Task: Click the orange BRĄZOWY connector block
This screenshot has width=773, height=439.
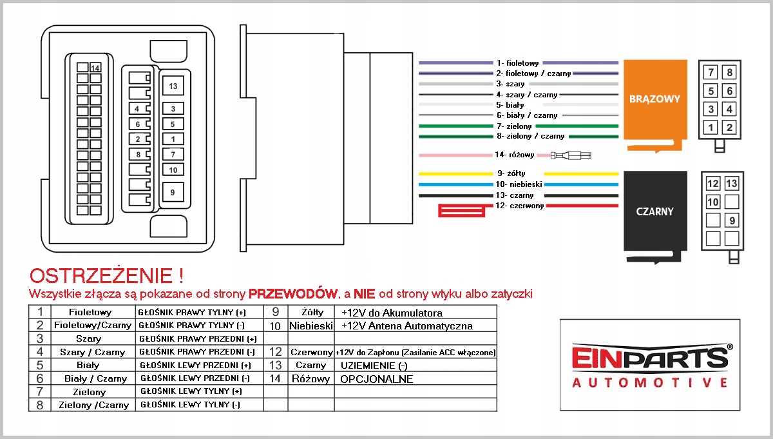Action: coord(654,100)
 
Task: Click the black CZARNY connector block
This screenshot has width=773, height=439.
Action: coord(654,211)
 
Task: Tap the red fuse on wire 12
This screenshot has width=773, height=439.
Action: coord(462,210)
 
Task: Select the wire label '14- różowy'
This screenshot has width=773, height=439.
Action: coord(515,155)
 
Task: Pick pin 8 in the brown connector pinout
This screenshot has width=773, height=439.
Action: coord(729,72)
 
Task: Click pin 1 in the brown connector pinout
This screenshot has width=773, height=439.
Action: coord(711,127)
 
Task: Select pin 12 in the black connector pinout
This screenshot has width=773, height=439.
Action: coord(712,184)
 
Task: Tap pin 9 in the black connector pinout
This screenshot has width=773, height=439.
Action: coord(731,220)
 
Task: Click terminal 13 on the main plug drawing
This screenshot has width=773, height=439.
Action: coord(173,86)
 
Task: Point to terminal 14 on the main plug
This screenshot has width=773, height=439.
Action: coord(95,68)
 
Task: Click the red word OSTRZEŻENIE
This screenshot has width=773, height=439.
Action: coord(102,277)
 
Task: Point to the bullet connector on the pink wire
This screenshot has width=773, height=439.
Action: coord(571,155)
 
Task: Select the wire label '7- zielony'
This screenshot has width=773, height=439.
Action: coord(514,126)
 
